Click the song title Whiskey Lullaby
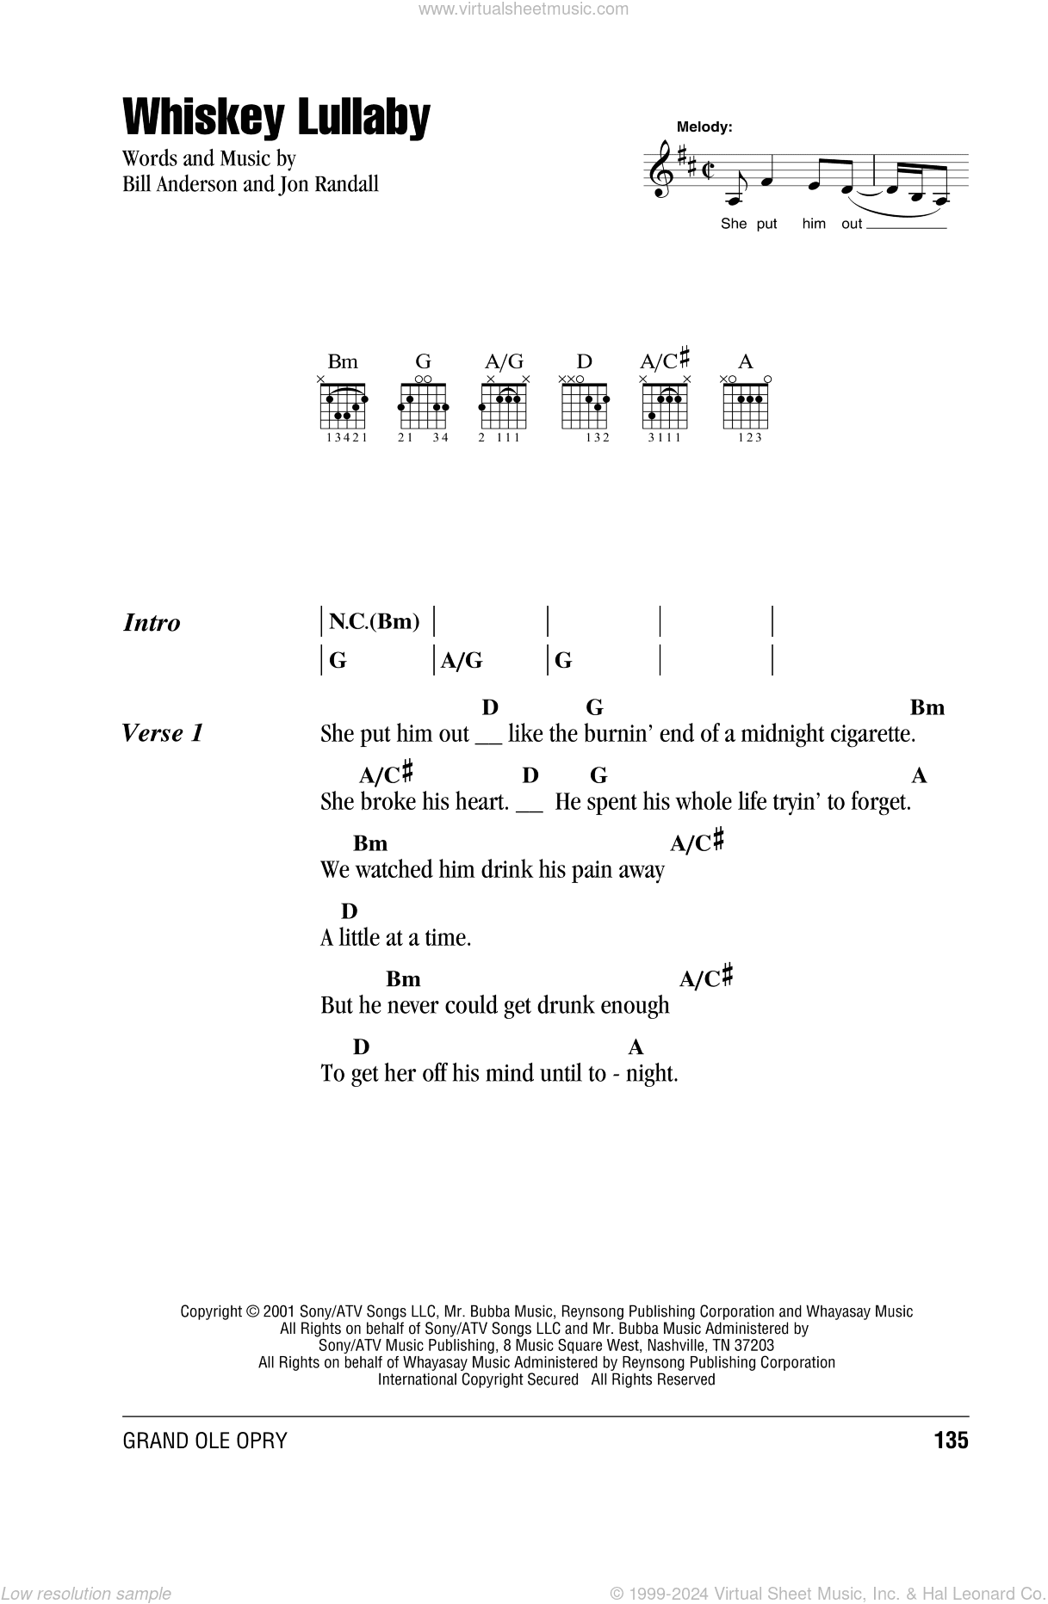[x=276, y=118]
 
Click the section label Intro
[x=152, y=623]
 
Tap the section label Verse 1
[x=163, y=733]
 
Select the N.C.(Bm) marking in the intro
[x=374, y=621]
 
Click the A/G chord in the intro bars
[x=462, y=661]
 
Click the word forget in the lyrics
[x=879, y=802]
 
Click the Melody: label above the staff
[x=704, y=126]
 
